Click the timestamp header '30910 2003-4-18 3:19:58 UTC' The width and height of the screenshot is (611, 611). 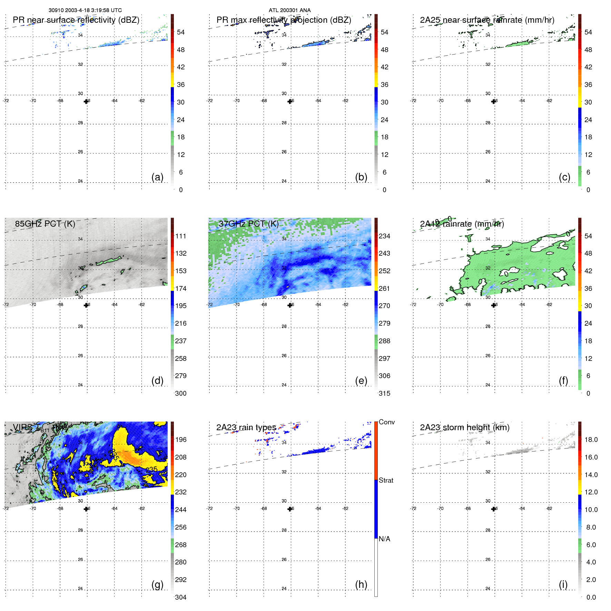(x=85, y=10)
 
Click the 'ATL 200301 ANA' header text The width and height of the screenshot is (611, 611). (x=289, y=10)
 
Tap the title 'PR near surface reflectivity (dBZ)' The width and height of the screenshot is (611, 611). (x=76, y=20)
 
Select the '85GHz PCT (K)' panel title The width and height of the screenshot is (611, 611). (x=45, y=224)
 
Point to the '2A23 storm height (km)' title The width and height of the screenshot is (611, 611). (x=464, y=427)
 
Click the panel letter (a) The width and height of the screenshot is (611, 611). (x=157, y=177)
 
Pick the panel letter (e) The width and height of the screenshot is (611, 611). (x=361, y=381)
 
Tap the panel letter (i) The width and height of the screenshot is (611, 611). (x=563, y=584)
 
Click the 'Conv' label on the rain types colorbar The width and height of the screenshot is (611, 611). (x=386, y=422)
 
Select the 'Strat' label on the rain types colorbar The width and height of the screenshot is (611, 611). (x=386, y=480)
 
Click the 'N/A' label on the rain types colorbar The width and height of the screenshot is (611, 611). (x=384, y=539)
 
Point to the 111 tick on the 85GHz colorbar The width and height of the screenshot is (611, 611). (x=180, y=236)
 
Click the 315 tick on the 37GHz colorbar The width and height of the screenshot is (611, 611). (x=384, y=393)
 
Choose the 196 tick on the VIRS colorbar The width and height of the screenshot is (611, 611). (x=180, y=440)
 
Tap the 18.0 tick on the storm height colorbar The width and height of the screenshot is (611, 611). (x=591, y=440)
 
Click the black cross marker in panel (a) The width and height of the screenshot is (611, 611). (x=86, y=101)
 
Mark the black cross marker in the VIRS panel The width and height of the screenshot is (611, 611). (x=86, y=509)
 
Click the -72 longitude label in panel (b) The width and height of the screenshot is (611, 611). (x=209, y=101)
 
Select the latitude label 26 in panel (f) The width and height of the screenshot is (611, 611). (x=487, y=355)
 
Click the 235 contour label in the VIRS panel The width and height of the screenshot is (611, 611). (x=151, y=469)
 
